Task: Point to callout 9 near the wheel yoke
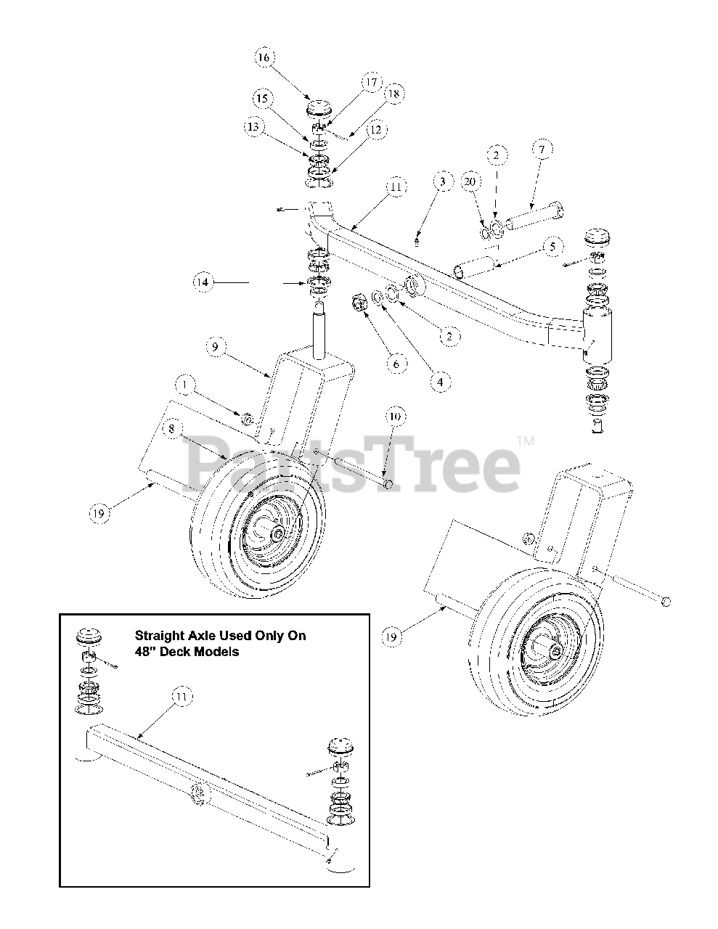coord(213,348)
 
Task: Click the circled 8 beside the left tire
coord(171,430)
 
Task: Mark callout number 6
coord(396,362)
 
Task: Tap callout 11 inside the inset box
coord(181,697)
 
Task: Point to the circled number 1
coord(184,384)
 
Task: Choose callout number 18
coord(395,94)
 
